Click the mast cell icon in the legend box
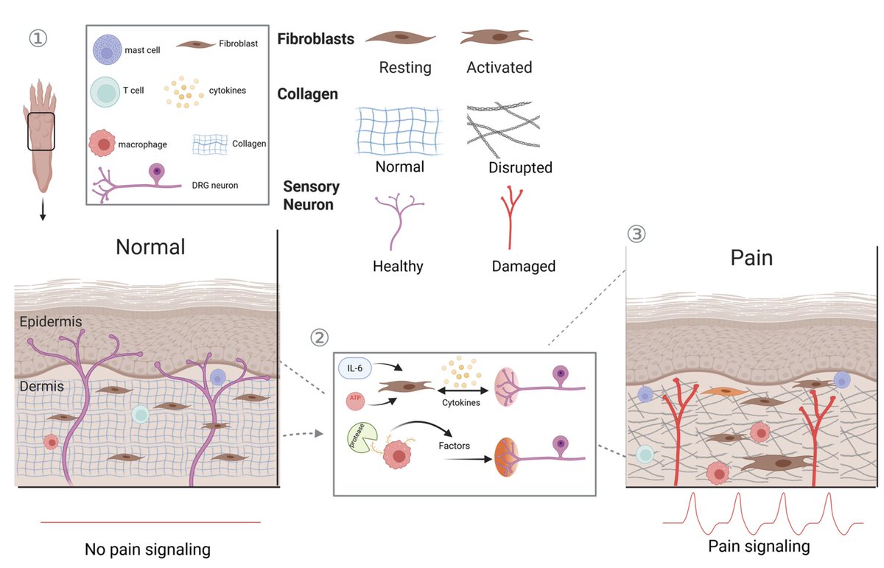[x=109, y=50]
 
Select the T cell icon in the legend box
[x=106, y=93]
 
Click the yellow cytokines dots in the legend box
[x=183, y=91]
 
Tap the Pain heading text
[x=751, y=259]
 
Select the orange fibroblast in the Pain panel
[x=720, y=391]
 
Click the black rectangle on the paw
[x=42, y=131]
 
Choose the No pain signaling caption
[x=147, y=549]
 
